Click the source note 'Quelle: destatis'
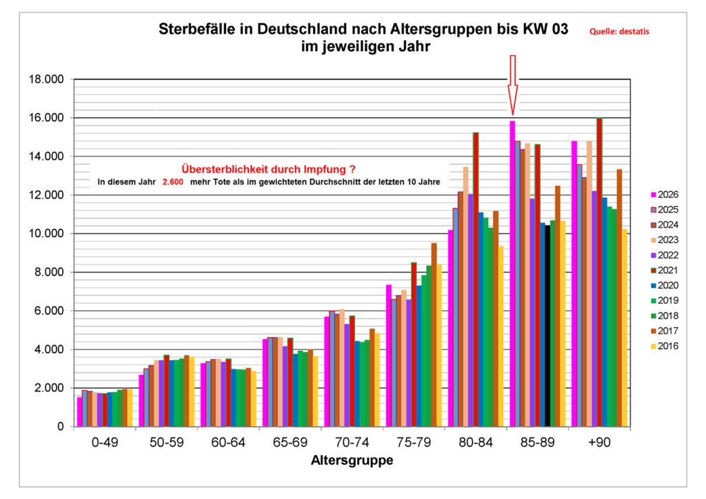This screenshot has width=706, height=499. pyautogui.click(x=619, y=31)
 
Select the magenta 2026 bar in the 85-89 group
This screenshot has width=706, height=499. pyautogui.click(x=512, y=274)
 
